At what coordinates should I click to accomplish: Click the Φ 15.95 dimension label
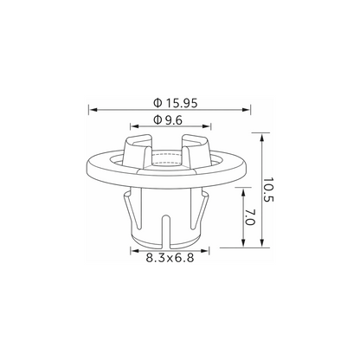[x=176, y=103]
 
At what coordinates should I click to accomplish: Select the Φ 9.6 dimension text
[x=168, y=120]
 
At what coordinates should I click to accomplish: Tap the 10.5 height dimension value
[x=267, y=190]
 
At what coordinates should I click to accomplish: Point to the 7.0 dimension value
[x=250, y=217]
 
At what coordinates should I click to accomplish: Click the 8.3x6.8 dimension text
[x=170, y=258]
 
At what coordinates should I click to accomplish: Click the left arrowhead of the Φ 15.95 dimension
[x=93, y=110]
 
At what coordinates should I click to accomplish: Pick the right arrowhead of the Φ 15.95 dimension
[x=247, y=110]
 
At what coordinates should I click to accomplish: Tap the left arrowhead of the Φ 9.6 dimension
[x=134, y=126]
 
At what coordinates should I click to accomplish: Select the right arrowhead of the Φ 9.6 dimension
[x=207, y=126]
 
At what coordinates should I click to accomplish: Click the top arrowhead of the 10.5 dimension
[x=262, y=137]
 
